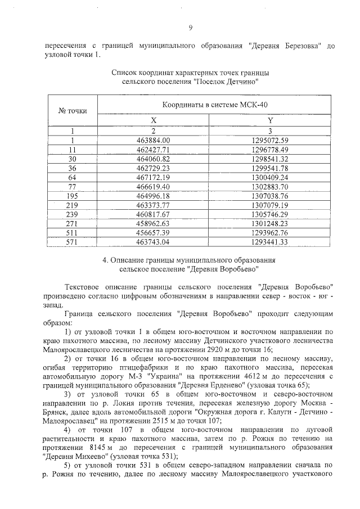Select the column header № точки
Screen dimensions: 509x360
(x=69, y=111)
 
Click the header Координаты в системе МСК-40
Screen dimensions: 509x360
(x=213, y=105)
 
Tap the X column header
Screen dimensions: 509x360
(x=153, y=121)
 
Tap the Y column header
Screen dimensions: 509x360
(x=270, y=121)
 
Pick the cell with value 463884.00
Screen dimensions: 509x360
(x=153, y=140)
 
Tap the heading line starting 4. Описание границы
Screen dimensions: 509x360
(x=188, y=260)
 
